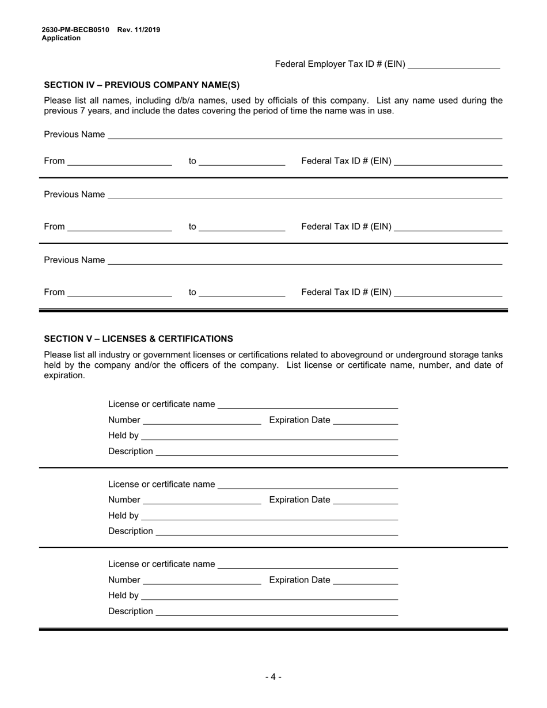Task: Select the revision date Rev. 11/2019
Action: coord(139,30)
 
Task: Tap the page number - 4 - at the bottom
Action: coord(273,677)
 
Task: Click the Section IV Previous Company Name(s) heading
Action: coord(142,85)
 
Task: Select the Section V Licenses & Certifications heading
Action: coord(138,338)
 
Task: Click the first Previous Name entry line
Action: coord(305,136)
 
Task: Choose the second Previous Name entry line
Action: coord(305,196)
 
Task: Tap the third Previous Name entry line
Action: coord(305,262)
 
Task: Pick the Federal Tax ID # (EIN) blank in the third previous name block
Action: coord(449,294)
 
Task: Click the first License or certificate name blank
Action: coord(307,406)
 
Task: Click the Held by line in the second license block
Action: coord(269,517)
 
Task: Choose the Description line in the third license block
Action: coord(276,613)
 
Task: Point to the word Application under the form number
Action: coord(61,38)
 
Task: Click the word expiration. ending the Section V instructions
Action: coord(64,375)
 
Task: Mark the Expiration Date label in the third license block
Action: coord(300,580)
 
